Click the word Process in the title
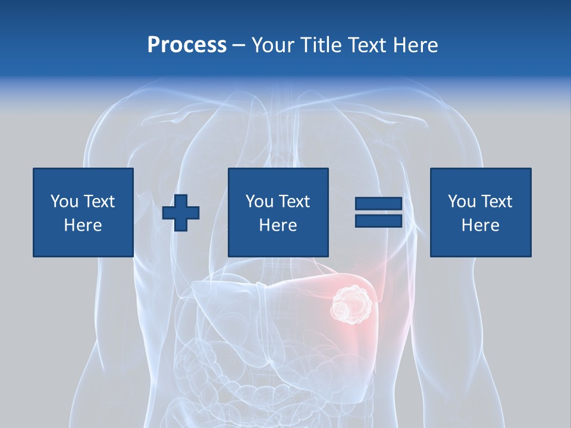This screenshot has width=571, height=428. tap(187, 45)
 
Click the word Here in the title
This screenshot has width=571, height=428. tap(413, 45)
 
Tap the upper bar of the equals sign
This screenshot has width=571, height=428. tap(378, 203)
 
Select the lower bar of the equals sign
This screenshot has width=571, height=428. tap(378, 221)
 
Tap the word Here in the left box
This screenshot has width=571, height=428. tap(83, 225)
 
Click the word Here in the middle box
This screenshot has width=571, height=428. tap(278, 225)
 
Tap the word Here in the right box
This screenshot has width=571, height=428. tap(480, 225)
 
